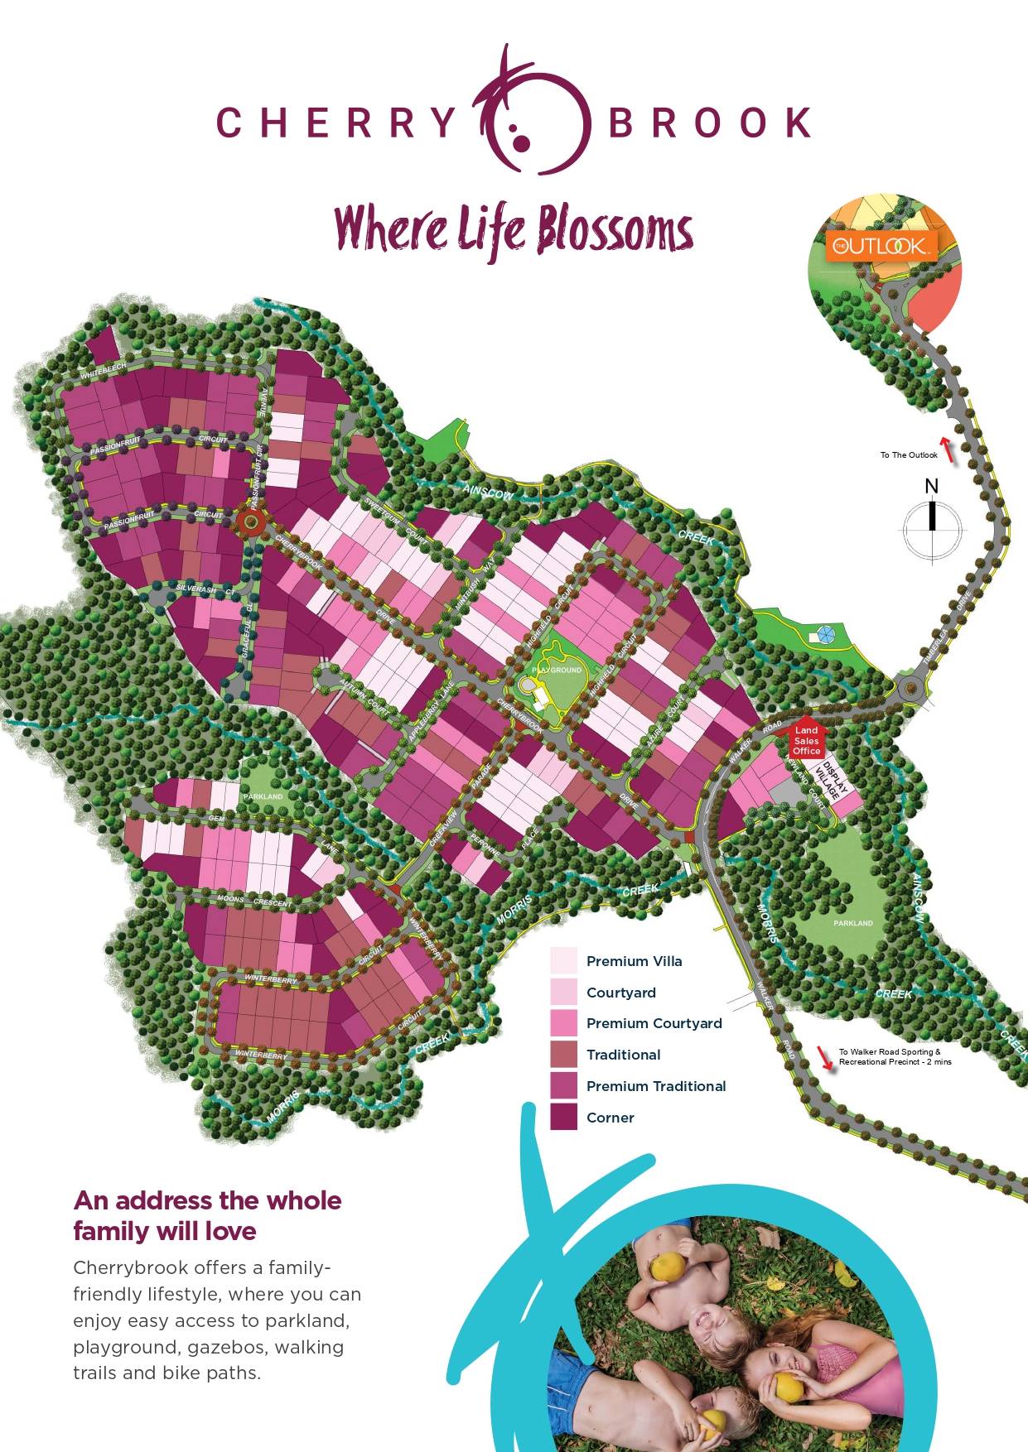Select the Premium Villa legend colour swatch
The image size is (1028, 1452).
pos(563,960)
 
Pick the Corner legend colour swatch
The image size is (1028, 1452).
pos(563,1117)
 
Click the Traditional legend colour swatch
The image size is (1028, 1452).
pos(563,1054)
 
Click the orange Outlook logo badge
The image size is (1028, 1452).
pos(881,246)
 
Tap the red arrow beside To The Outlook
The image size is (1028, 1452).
pos(948,450)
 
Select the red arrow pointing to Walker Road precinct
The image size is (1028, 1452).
pos(824,1057)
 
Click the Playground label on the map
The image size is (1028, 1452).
pos(557,670)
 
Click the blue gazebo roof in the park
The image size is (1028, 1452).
pos(824,635)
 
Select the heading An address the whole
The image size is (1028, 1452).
pos(207,1200)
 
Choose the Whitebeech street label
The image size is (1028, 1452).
pos(103,371)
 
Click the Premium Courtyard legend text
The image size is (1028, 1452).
pos(654,1023)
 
